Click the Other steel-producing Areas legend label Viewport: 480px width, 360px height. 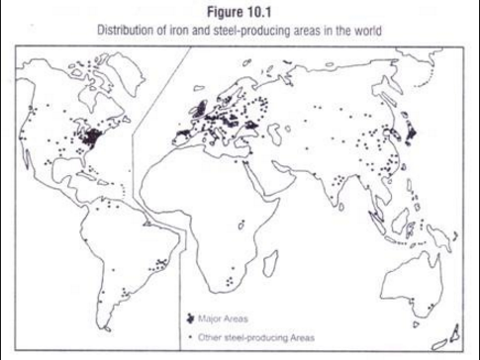click(255, 337)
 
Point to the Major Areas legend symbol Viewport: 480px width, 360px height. click(189, 318)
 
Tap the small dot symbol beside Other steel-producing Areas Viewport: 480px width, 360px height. click(189, 337)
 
